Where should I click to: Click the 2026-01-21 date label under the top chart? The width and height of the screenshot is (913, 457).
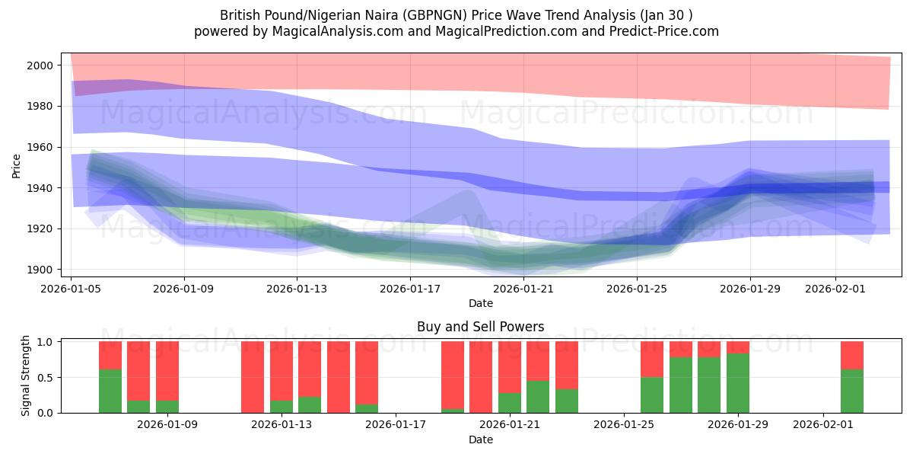(x=523, y=289)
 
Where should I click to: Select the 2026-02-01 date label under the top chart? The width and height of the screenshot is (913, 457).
(x=835, y=289)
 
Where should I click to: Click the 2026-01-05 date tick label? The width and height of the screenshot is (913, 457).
(x=72, y=289)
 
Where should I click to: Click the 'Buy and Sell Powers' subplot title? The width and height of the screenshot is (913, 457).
(x=480, y=327)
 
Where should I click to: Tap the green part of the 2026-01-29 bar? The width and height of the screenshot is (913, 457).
(x=738, y=385)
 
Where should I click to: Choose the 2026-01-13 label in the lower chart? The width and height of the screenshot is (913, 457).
(x=282, y=424)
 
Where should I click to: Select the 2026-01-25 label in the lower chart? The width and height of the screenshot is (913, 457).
(x=624, y=424)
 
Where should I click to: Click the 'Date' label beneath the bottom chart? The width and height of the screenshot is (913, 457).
(x=480, y=439)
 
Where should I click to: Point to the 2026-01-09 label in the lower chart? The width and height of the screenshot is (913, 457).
(x=167, y=424)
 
